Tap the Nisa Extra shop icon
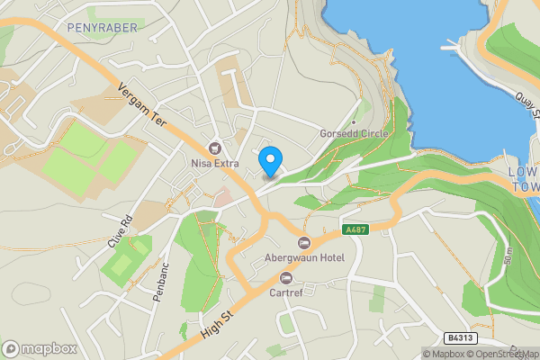(x=214, y=148)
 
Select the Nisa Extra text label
(x=214, y=164)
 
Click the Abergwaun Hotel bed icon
(x=303, y=243)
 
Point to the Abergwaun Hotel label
(x=304, y=258)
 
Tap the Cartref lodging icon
(x=286, y=277)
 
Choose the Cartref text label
(x=287, y=292)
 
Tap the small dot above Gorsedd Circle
(x=355, y=121)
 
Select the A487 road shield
(x=354, y=230)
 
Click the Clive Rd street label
(x=120, y=232)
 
